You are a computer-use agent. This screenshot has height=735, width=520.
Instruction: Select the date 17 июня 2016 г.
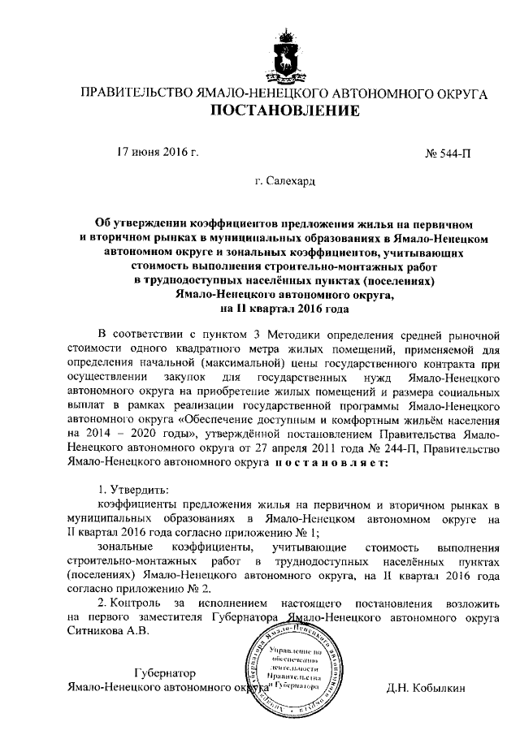pyautogui.click(x=158, y=152)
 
